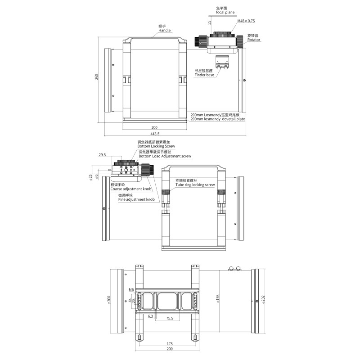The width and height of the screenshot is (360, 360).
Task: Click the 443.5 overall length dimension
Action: pos(155,134)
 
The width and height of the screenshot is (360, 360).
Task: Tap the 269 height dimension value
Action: pos(96,76)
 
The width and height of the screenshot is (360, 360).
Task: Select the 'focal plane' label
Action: pos(225,13)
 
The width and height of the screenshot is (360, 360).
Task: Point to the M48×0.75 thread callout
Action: pos(246,21)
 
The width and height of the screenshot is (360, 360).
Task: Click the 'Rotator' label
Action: pos(254,40)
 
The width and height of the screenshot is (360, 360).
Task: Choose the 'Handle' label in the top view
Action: pos(165,30)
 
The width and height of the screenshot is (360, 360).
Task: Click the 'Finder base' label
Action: pos(204,75)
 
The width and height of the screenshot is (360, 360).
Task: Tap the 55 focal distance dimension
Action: pos(209,23)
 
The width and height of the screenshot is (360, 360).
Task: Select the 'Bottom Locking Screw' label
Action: pos(156,146)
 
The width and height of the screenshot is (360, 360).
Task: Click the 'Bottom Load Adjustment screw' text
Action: pos(165,156)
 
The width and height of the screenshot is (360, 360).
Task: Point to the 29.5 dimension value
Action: pos(102,155)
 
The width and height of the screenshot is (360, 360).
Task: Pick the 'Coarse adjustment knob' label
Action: pos(131,189)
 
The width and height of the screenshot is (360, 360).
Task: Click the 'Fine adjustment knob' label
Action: pos(136,199)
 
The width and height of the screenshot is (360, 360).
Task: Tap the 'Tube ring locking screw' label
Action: pos(195,185)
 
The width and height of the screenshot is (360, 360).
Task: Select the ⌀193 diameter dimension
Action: pos(218,299)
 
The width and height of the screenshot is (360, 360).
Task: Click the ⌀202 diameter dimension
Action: pos(263,300)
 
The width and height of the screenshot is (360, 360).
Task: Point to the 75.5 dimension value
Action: pos(170,318)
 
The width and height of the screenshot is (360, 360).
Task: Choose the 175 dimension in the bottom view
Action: pos(170,344)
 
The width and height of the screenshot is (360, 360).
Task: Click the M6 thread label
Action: pos(131,289)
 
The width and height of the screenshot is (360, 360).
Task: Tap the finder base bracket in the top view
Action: pos(222,62)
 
